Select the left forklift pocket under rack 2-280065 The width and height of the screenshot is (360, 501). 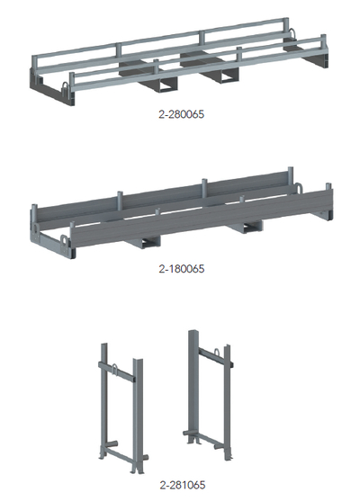[x=166, y=84]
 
